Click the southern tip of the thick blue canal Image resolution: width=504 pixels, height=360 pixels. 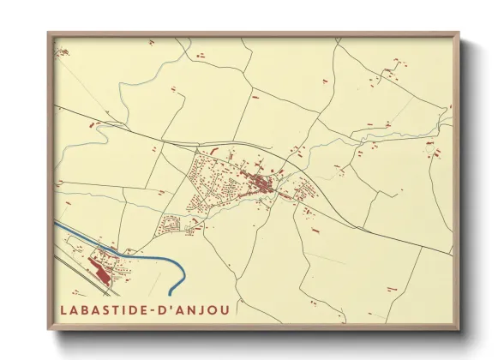click(171, 294)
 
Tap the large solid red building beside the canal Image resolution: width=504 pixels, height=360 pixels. click(99, 273)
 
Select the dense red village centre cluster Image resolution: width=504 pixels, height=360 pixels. click(261, 182)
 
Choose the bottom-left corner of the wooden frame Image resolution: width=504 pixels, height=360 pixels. click(50, 329)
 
